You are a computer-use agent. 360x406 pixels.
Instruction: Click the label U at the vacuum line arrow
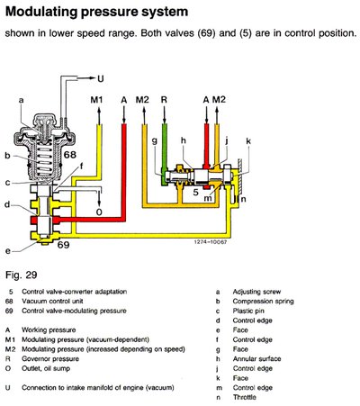[x=101, y=78]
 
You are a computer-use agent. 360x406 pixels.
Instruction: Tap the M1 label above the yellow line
[x=96, y=100]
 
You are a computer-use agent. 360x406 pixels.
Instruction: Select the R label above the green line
[x=164, y=100]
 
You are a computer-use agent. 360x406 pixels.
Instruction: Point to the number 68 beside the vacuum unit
[x=70, y=155]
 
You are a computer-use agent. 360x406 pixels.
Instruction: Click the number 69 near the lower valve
[x=63, y=245]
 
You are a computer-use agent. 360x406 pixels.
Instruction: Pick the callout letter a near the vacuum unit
[x=21, y=100]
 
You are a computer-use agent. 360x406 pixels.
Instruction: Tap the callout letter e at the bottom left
[x=8, y=251]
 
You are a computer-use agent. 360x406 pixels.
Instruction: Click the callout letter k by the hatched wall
[x=248, y=140]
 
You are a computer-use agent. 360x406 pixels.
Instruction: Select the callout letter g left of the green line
[x=155, y=141]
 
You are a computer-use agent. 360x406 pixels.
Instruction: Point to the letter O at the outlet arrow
[x=99, y=212]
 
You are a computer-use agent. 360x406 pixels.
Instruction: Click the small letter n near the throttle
[x=244, y=199]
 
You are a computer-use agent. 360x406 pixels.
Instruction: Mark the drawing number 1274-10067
[x=211, y=241]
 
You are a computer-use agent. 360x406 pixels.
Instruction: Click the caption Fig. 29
[x=21, y=275]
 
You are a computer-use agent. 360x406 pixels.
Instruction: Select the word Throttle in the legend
[x=245, y=397]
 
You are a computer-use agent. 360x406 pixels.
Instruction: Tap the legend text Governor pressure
[x=50, y=359]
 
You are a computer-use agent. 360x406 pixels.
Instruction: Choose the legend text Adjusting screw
[x=256, y=292]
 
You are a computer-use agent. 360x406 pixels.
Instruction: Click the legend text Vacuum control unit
[x=52, y=301]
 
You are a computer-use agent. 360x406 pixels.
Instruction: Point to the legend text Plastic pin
[x=248, y=311]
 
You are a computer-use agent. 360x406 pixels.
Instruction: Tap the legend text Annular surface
[x=256, y=358]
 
